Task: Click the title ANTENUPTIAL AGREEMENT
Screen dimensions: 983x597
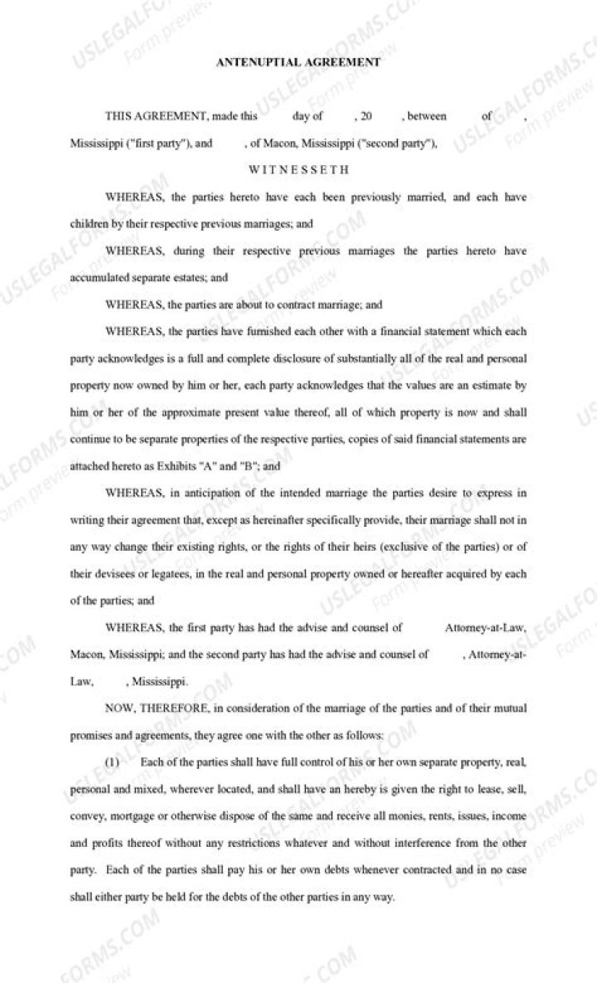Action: click(298, 61)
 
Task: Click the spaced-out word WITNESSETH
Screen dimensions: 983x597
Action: click(298, 169)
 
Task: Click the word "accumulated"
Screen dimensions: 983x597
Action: click(96, 277)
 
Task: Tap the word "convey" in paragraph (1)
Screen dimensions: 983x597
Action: click(86, 815)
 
